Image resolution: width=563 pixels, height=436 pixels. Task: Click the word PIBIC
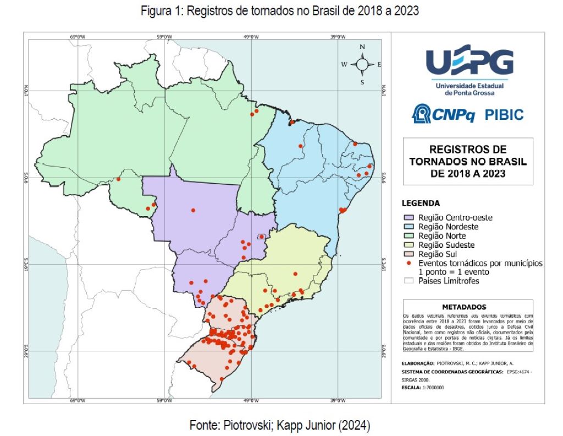504,115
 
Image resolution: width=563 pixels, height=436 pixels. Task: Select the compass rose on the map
362,64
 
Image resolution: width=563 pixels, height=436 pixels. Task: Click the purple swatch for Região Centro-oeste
409,218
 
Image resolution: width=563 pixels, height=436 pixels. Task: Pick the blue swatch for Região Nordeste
409,227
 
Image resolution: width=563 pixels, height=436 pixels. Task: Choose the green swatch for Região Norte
409,236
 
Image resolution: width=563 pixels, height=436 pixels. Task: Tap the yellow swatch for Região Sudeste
409,245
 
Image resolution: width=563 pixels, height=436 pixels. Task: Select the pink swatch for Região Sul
409,254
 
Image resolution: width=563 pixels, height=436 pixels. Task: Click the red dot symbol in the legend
409,263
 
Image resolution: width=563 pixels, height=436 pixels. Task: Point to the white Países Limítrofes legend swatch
409,281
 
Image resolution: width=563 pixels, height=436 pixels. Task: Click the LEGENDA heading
421,203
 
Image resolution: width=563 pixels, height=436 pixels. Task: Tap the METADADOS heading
464,307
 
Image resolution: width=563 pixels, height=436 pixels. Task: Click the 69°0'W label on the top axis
78,37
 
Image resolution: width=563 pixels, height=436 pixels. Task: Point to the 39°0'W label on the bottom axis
338,400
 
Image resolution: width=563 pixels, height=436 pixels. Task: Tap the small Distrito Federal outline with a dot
262,238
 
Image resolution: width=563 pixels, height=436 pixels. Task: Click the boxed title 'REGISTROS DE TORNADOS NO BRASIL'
468,162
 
